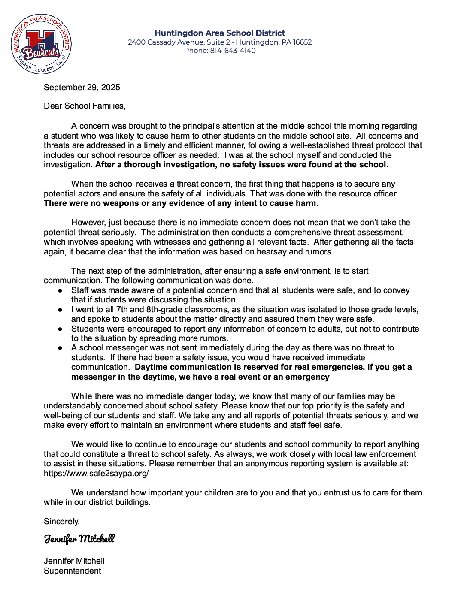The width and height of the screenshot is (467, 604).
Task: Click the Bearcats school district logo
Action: [x=41, y=44]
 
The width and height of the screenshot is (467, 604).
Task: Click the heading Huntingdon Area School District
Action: [x=220, y=33]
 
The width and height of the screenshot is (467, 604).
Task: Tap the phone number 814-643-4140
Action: [x=233, y=51]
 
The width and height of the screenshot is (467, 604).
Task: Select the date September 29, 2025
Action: [x=82, y=88]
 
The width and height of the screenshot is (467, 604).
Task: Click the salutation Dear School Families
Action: [x=85, y=106]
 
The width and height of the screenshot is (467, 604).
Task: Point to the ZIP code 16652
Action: [x=302, y=42]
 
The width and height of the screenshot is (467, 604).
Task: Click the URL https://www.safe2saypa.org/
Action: [x=96, y=474]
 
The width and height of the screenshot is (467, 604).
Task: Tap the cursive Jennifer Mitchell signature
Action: [x=79, y=539]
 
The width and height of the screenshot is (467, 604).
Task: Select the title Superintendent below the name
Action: [x=73, y=571]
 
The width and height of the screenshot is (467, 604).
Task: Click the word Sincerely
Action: [x=61, y=522]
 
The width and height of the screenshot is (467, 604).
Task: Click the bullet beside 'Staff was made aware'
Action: [x=61, y=291]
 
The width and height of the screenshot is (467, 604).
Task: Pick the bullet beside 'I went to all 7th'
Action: [x=61, y=310]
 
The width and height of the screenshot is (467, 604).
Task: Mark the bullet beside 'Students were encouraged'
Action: [x=61, y=329]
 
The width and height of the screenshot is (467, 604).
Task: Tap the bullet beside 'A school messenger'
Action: [x=61, y=348]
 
